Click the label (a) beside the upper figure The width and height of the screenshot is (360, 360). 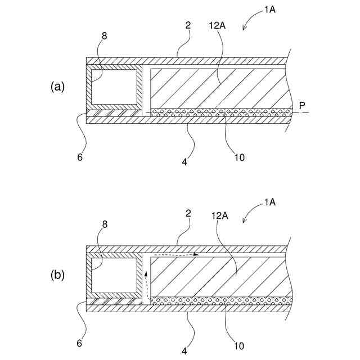point(58,87)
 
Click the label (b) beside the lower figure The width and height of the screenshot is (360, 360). point(58,276)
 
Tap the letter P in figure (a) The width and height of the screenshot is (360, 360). point(302,106)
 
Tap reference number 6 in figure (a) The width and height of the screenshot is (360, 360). point(80,157)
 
